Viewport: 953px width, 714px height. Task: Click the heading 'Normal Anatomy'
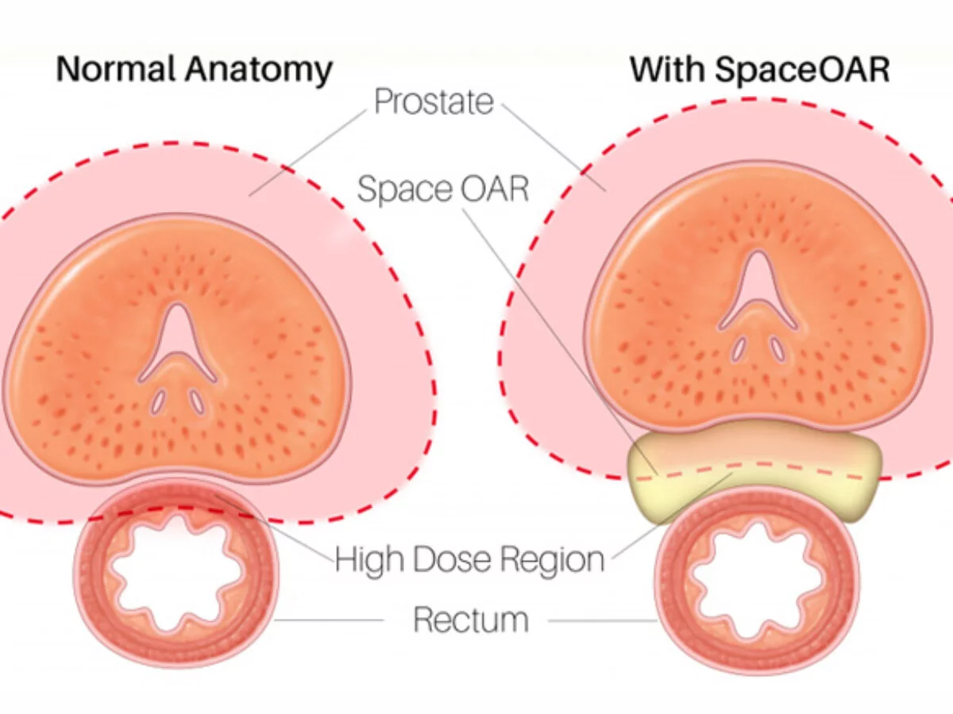click(x=194, y=70)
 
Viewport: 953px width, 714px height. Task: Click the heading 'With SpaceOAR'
click(x=759, y=70)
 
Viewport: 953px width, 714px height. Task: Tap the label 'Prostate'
click(x=434, y=102)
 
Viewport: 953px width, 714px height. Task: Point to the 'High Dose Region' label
click(x=469, y=559)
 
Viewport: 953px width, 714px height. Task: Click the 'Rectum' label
click(x=471, y=620)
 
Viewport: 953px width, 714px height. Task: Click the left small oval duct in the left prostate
click(x=160, y=402)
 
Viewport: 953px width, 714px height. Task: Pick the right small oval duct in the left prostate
click(x=195, y=401)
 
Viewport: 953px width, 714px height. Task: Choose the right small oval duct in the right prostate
click(x=775, y=347)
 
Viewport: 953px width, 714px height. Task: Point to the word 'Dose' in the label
click(x=455, y=559)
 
